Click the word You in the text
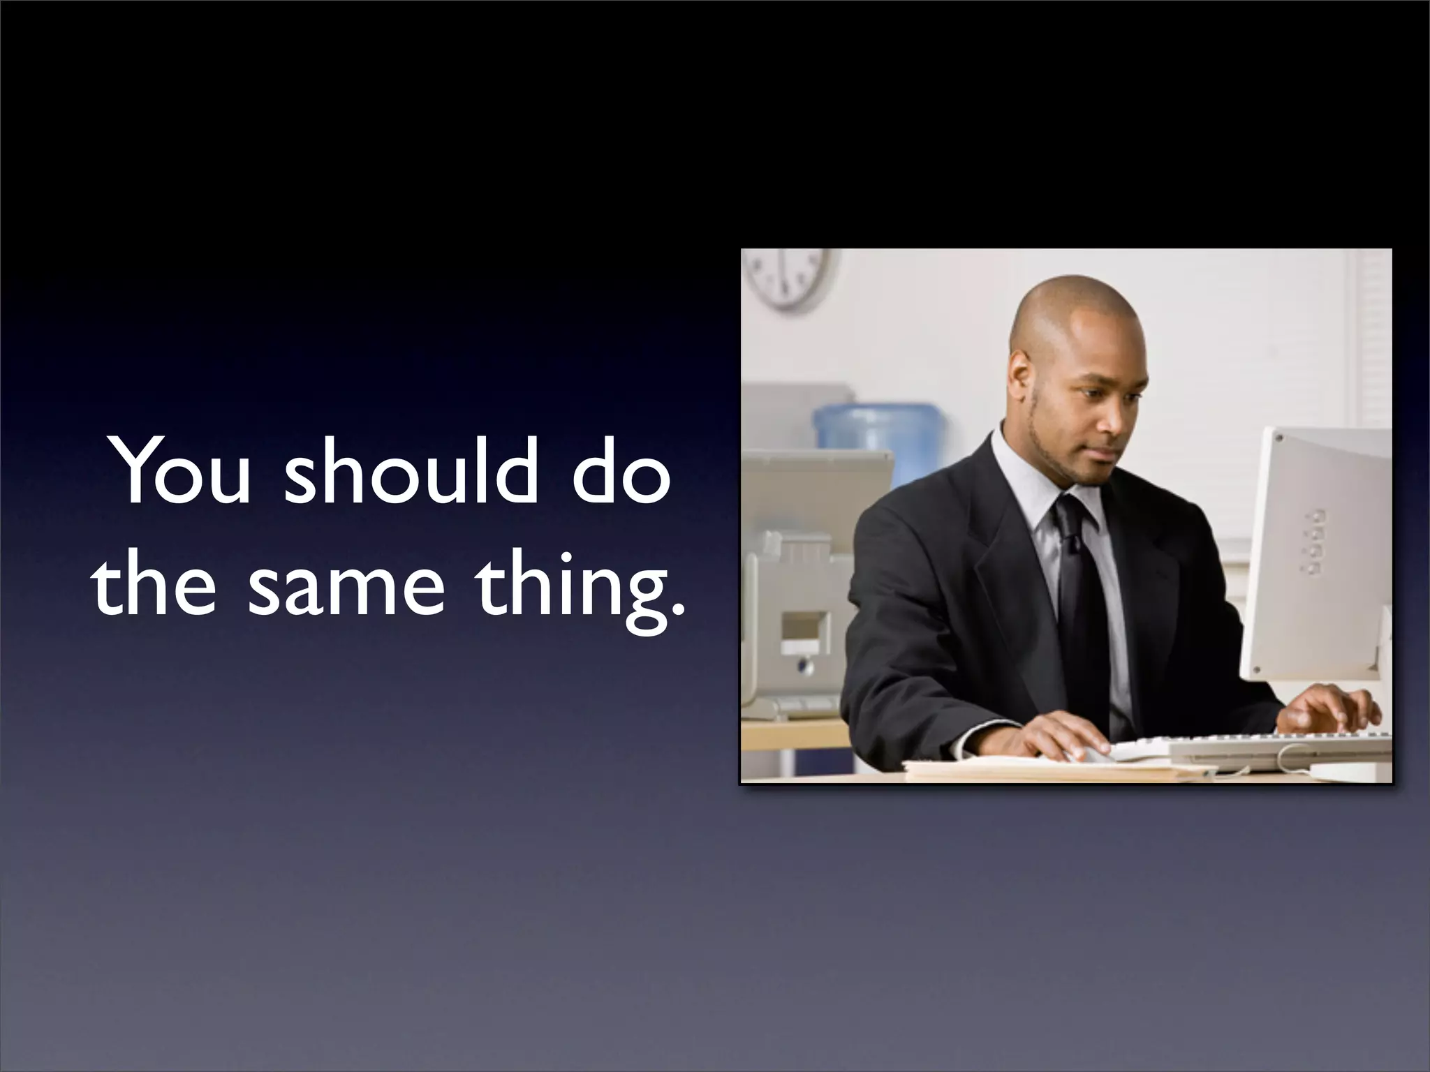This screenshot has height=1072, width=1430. click(183, 472)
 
